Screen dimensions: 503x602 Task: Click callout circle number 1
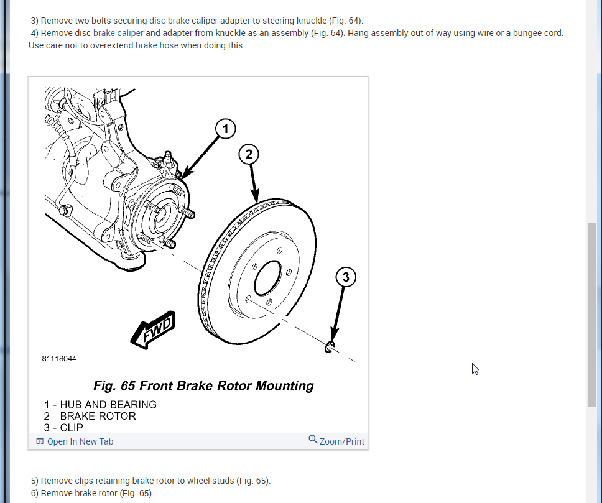pos(226,129)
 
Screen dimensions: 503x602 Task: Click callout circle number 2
pos(249,155)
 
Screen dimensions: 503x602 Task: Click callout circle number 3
pos(346,277)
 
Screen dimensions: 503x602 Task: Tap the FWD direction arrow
pos(152,330)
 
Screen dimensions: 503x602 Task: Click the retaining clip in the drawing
pos(330,346)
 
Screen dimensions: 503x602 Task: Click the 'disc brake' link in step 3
pos(169,21)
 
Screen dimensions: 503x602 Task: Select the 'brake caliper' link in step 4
pos(118,33)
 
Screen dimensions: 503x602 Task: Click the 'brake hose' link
pos(157,45)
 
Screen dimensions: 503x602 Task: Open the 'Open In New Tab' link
pos(80,441)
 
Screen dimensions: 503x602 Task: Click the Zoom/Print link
pos(342,441)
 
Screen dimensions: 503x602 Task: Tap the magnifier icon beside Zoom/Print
pos(313,440)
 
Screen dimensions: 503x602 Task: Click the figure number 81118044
pos(59,359)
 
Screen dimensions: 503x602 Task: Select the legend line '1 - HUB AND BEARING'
pos(100,405)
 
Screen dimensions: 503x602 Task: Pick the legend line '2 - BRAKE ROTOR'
pos(90,416)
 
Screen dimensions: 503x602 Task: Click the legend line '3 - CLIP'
pos(63,427)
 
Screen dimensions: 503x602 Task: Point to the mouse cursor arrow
pos(475,369)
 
